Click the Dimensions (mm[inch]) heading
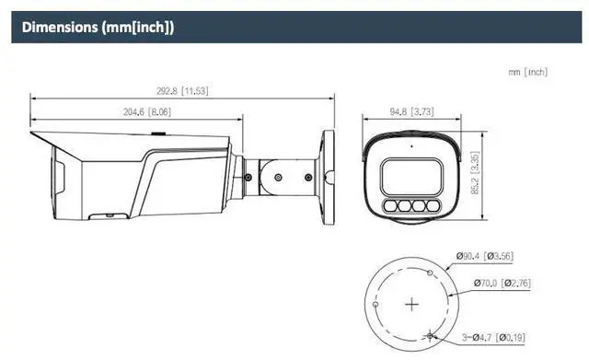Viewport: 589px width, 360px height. coord(98,28)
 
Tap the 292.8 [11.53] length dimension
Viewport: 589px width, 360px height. coord(182,91)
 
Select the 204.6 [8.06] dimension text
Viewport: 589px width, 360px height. coord(147,111)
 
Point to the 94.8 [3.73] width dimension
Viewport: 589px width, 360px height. coord(411,111)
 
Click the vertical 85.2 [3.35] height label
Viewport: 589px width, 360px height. coord(475,172)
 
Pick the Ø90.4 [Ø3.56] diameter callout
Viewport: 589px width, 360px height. coord(485,256)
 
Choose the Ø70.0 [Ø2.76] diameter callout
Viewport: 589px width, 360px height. coord(502,283)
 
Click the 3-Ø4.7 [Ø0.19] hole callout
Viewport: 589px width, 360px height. coord(493,337)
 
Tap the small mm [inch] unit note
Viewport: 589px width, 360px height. coord(527,72)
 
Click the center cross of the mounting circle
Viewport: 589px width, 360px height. coord(411,304)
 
